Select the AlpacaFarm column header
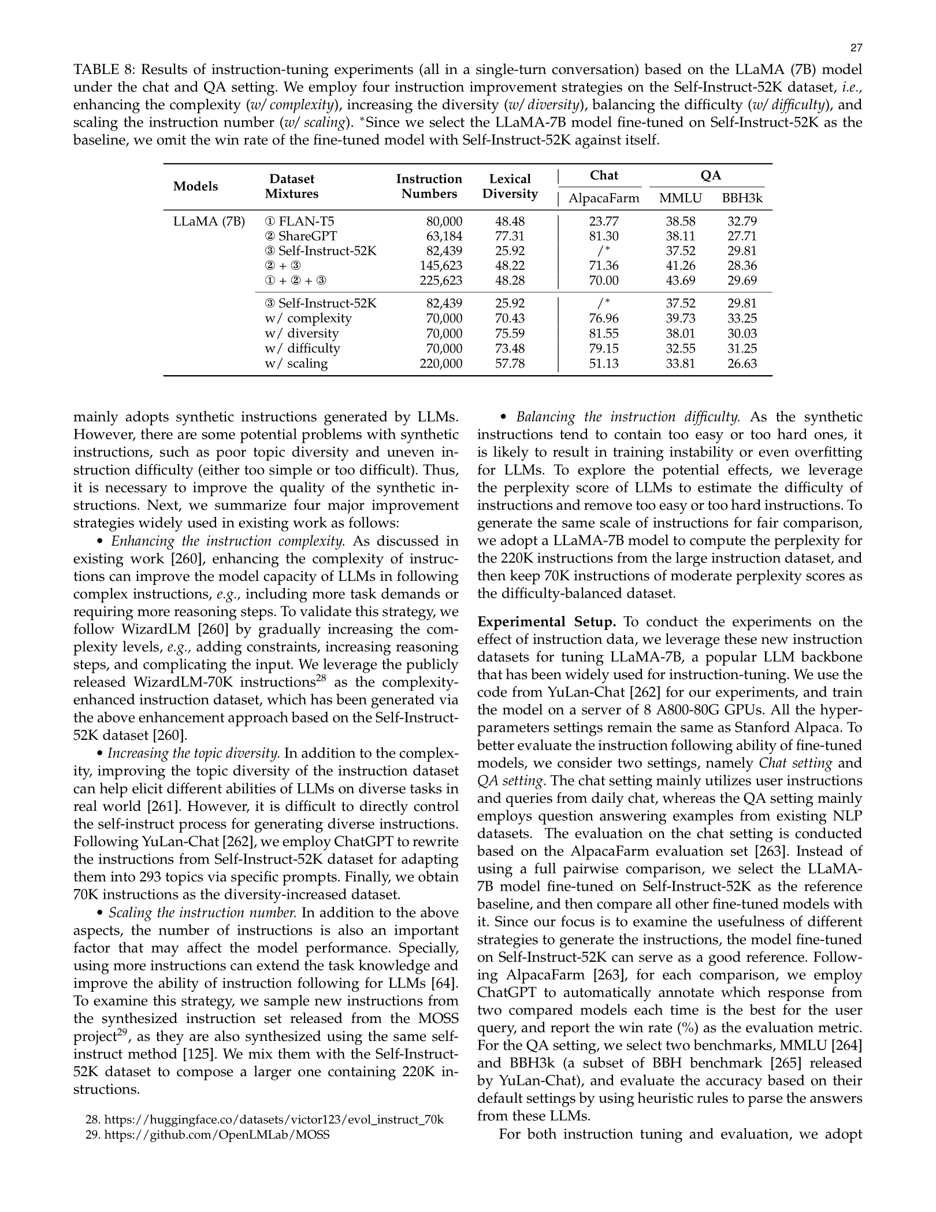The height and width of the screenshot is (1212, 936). pyautogui.click(x=604, y=199)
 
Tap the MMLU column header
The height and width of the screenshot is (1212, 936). pyautogui.click(x=680, y=199)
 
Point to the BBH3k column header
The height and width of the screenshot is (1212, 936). pyautogui.click(x=742, y=199)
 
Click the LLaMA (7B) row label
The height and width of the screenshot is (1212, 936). pyautogui.click(x=209, y=221)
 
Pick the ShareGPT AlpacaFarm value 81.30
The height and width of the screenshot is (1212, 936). pyautogui.click(x=604, y=236)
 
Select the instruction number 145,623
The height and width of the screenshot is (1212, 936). pyautogui.click(x=441, y=266)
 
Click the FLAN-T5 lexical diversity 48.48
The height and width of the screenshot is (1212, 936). pyautogui.click(x=510, y=221)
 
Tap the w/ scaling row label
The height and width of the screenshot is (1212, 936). pyautogui.click(x=296, y=364)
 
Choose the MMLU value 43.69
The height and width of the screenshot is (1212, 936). pyautogui.click(x=680, y=281)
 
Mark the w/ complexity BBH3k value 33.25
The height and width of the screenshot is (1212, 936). pyautogui.click(x=742, y=318)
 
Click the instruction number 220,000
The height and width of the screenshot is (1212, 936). pyautogui.click(x=441, y=364)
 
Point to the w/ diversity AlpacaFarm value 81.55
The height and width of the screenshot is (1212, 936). pyautogui.click(x=604, y=333)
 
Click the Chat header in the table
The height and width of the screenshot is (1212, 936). pyautogui.click(x=604, y=176)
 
